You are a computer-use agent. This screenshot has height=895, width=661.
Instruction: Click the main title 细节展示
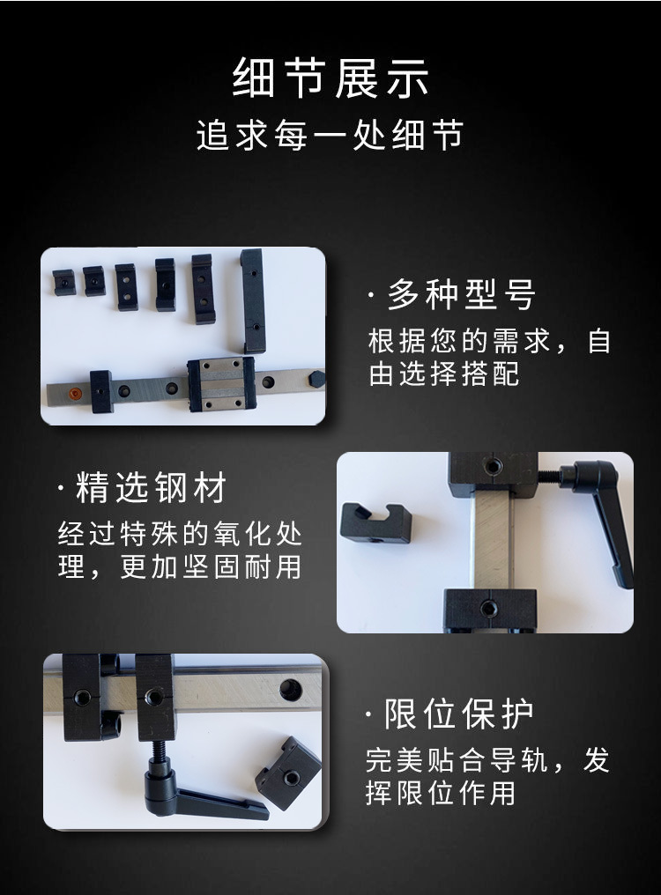tap(330, 78)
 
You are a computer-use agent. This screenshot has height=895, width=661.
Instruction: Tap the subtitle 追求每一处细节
tap(330, 136)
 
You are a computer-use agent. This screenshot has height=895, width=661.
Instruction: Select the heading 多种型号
tap(462, 294)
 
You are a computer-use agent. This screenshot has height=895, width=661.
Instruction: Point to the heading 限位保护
tap(459, 714)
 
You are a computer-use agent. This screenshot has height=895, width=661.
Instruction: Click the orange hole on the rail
tap(74, 393)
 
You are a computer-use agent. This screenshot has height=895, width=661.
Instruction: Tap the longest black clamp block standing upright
tap(253, 300)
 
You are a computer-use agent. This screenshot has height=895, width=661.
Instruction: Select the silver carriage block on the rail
tap(221, 384)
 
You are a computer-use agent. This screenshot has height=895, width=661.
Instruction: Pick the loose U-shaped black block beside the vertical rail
tap(375, 523)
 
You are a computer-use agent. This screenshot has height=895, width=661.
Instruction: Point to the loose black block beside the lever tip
tap(287, 773)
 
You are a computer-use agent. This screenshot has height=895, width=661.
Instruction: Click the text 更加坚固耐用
tap(212, 567)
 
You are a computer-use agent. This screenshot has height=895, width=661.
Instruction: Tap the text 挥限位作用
tap(441, 793)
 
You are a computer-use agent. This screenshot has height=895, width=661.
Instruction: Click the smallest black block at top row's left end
tap(64, 281)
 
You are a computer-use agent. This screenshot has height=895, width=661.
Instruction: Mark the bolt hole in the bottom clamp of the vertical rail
tap(488, 609)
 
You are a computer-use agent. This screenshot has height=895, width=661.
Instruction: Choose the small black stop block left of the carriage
tap(101, 391)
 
